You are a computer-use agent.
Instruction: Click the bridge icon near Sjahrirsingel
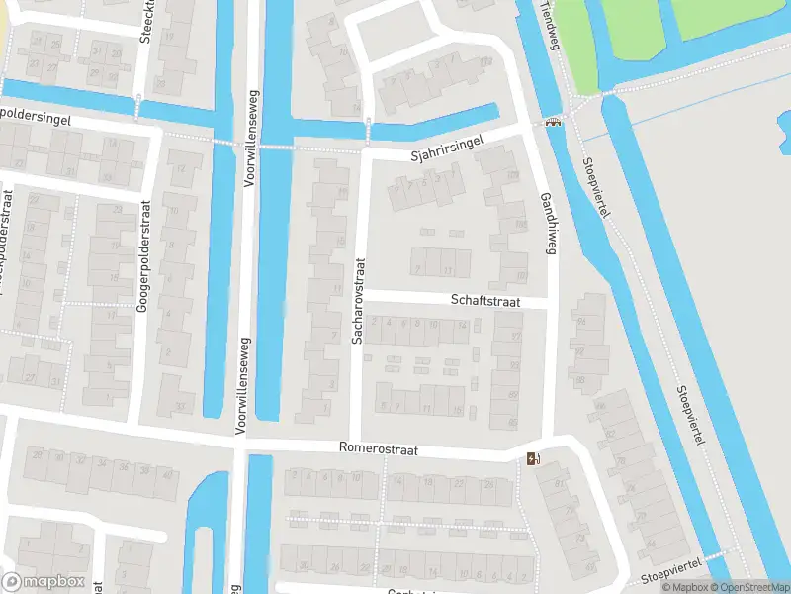[552, 122]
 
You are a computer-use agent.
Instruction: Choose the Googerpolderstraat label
[143, 257]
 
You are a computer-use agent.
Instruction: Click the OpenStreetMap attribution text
[747, 587]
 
